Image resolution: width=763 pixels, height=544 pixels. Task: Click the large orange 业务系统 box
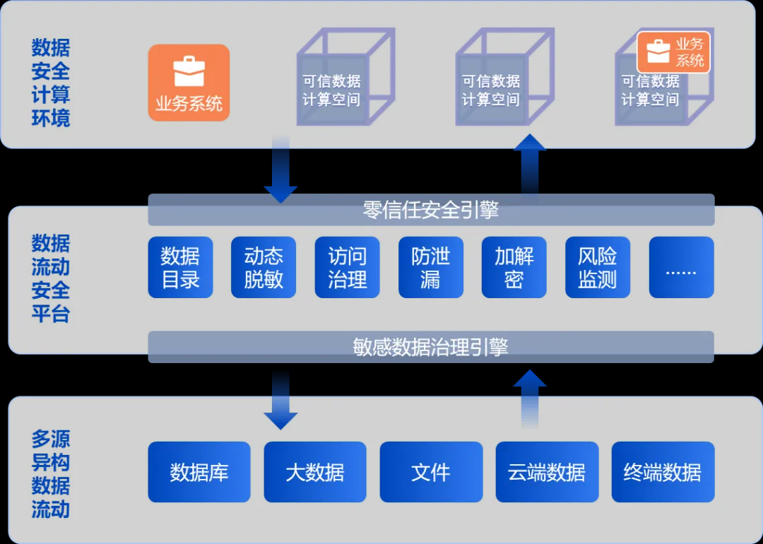coord(189,83)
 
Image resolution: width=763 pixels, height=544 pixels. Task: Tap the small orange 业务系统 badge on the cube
coord(673,52)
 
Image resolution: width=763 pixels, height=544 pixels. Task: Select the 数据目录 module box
coord(180,267)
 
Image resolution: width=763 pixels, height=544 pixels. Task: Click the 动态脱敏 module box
coord(264,267)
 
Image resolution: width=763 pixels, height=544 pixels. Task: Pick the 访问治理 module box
coord(347,267)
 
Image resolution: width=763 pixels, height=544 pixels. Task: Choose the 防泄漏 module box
coord(430,267)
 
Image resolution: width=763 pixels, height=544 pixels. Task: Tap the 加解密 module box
coord(514,267)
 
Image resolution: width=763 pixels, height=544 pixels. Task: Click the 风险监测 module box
coord(597,267)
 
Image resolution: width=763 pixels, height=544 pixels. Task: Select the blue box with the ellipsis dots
coord(681,267)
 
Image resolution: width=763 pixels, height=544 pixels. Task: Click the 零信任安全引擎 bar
coord(431,210)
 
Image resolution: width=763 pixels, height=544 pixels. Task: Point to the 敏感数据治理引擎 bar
coord(431,347)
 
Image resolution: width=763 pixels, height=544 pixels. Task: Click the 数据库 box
coord(199,472)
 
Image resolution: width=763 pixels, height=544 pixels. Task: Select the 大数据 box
coord(315,472)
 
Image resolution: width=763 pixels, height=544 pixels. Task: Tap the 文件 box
coord(431,472)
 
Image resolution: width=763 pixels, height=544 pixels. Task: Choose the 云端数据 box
coord(547,472)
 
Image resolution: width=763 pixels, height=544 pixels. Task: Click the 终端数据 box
coord(663,472)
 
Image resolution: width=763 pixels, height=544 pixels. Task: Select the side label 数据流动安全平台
coord(51,278)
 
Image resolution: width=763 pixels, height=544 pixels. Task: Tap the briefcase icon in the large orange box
coord(189,71)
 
